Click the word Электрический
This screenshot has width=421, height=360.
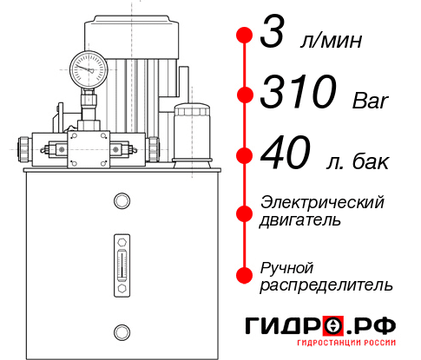(x=322, y=202)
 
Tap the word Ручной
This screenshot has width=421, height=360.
(x=287, y=266)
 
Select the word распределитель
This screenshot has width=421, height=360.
(x=326, y=284)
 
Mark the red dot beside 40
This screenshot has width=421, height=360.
(x=245, y=156)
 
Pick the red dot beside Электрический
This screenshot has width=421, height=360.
(x=245, y=212)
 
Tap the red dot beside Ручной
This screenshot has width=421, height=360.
(x=245, y=275)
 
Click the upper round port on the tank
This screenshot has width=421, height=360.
(x=121, y=202)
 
